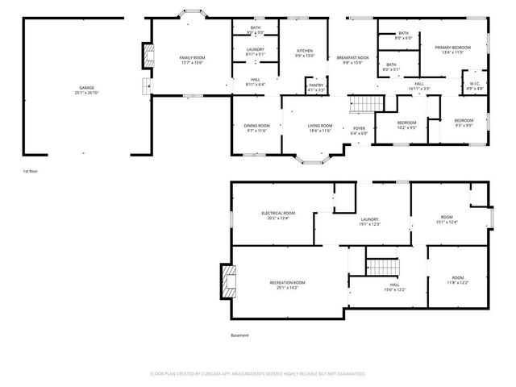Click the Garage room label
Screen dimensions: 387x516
[86, 89]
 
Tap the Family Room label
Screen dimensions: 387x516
[192, 59]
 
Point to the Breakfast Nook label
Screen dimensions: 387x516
[352, 59]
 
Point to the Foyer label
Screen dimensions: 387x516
[359, 130]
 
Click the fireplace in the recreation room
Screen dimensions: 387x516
[227, 282]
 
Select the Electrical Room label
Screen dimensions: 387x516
[277, 214]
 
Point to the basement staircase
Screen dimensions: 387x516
[384, 266]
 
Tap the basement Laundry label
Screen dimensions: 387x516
[370, 222]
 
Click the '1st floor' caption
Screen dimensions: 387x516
[31, 172]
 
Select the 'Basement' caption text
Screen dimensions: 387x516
[239, 335]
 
